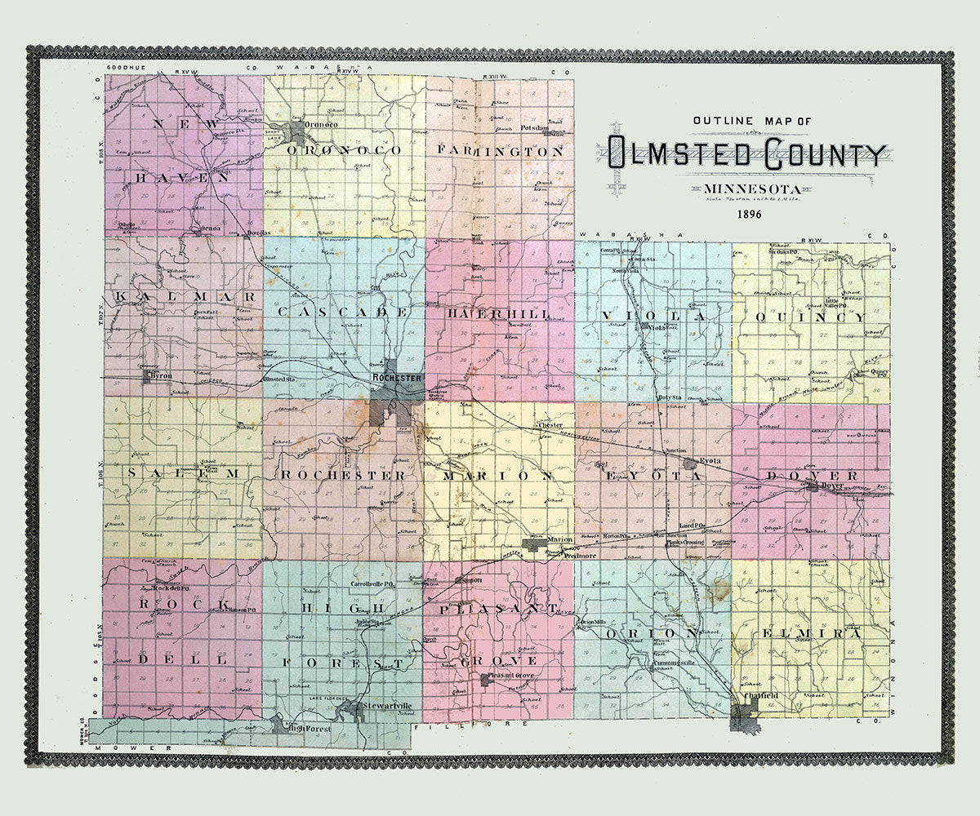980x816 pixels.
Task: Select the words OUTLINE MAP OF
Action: click(x=752, y=121)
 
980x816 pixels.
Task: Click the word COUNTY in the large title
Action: click(x=818, y=153)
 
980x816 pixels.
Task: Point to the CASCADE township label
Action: click(x=341, y=313)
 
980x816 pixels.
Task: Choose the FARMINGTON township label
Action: click(x=500, y=151)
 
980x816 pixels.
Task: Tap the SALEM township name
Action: click(x=183, y=473)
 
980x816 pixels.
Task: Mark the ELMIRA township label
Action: click(x=812, y=633)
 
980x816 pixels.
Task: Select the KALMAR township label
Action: click(x=185, y=295)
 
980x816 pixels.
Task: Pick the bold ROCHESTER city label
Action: click(x=397, y=379)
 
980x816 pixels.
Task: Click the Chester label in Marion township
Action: click(x=550, y=426)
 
